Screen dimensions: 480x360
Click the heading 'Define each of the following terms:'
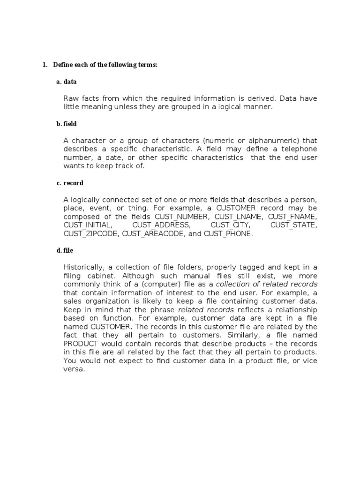105,65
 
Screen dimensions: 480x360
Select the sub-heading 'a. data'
67,82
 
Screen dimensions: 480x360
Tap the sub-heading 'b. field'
67,124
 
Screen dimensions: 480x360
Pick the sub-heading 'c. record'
70,183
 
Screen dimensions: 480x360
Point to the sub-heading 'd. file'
65,250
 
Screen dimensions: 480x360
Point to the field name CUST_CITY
230,225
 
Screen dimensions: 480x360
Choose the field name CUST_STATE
294,225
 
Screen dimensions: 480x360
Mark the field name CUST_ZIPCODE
91,233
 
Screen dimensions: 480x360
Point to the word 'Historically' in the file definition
84,267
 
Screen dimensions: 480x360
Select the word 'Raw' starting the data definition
71,98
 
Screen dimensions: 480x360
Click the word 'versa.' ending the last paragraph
74,368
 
